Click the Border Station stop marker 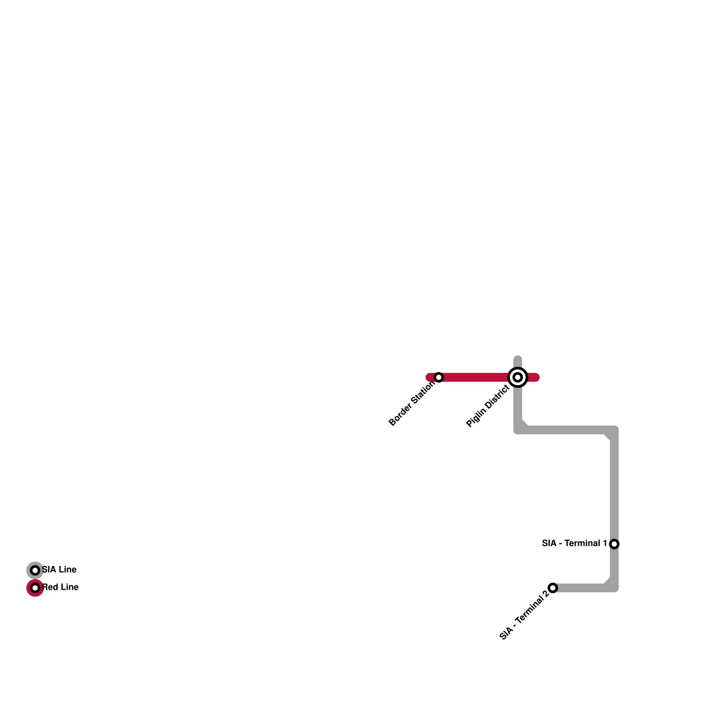point(439,377)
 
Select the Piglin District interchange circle point(518,377)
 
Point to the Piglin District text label point(487,406)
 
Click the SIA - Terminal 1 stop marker point(614,544)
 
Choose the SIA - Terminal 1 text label point(574,544)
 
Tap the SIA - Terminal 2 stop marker point(553,588)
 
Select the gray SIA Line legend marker point(35,570)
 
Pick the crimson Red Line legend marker point(35,588)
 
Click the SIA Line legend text point(59,570)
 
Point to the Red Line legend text point(61,587)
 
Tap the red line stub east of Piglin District point(533,377)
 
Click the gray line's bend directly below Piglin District point(519,430)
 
